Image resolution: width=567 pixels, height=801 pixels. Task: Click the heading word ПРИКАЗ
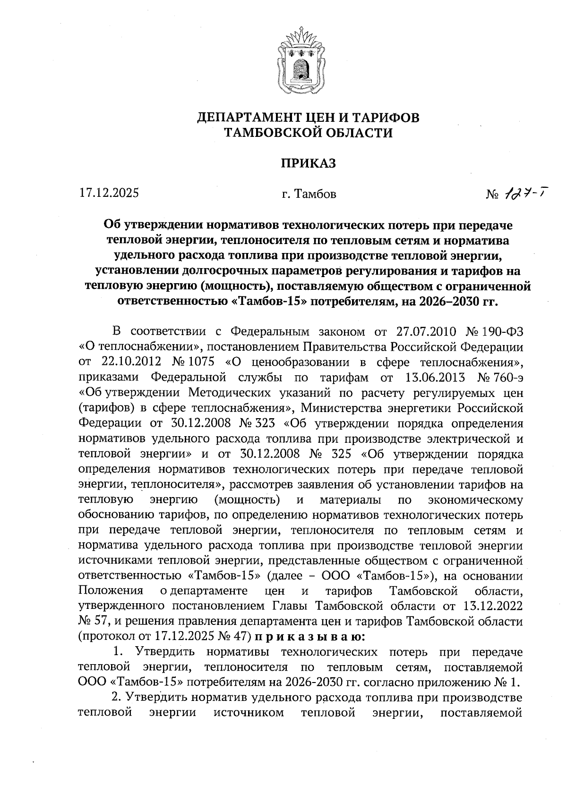pos(308,163)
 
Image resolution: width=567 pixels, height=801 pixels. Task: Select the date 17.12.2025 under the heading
pos(109,193)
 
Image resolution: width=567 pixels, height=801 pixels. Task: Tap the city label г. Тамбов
pos(308,194)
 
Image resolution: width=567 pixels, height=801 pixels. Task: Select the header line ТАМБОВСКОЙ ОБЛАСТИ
pos(308,133)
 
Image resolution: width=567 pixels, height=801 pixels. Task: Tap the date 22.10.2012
pos(132,363)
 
